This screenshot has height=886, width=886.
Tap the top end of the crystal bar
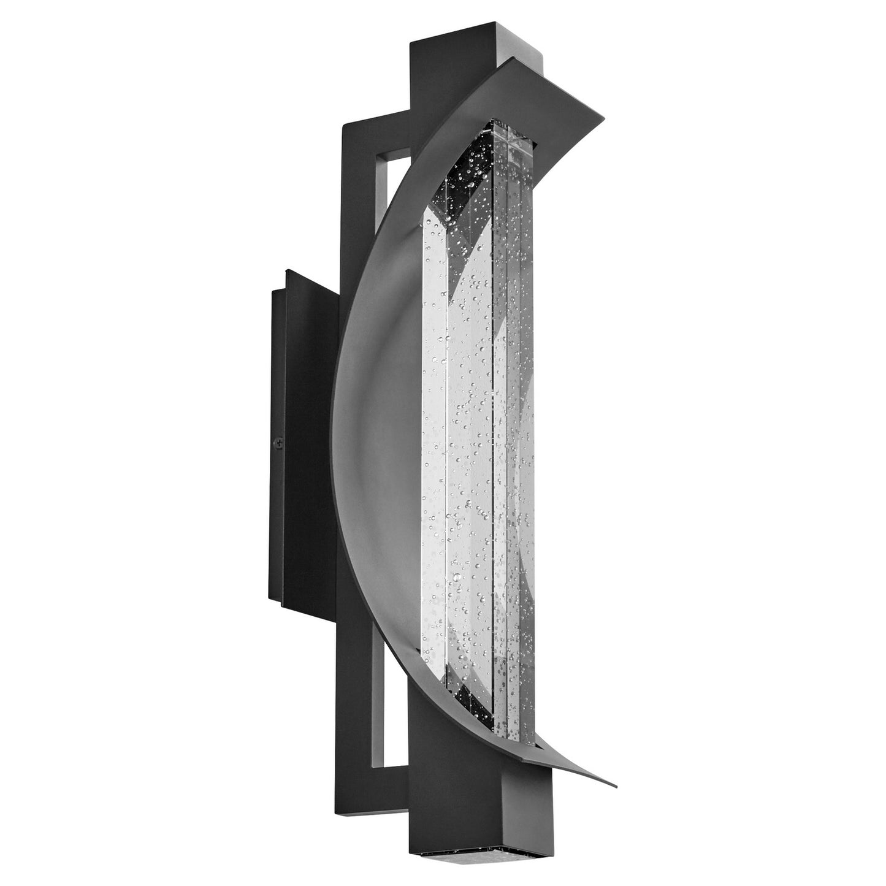pyautogui.click(x=503, y=132)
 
